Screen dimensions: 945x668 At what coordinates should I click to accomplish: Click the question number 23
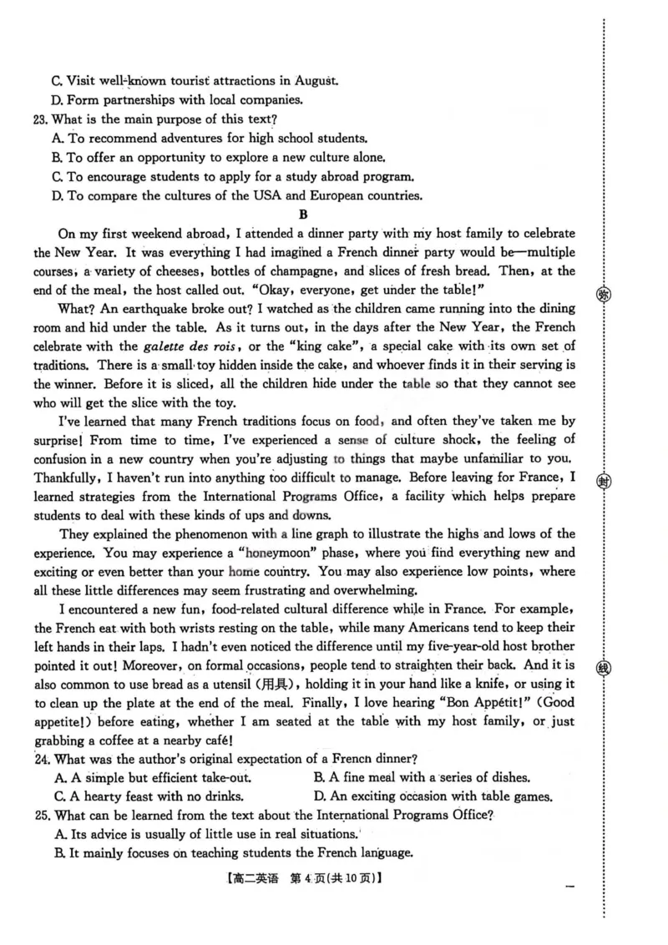[42, 119]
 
